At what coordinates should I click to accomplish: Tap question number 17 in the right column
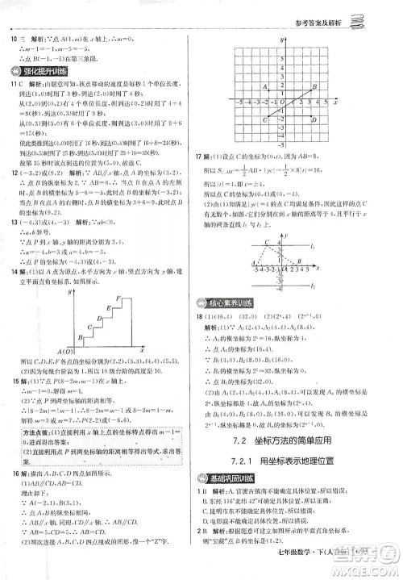tap(211, 178)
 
